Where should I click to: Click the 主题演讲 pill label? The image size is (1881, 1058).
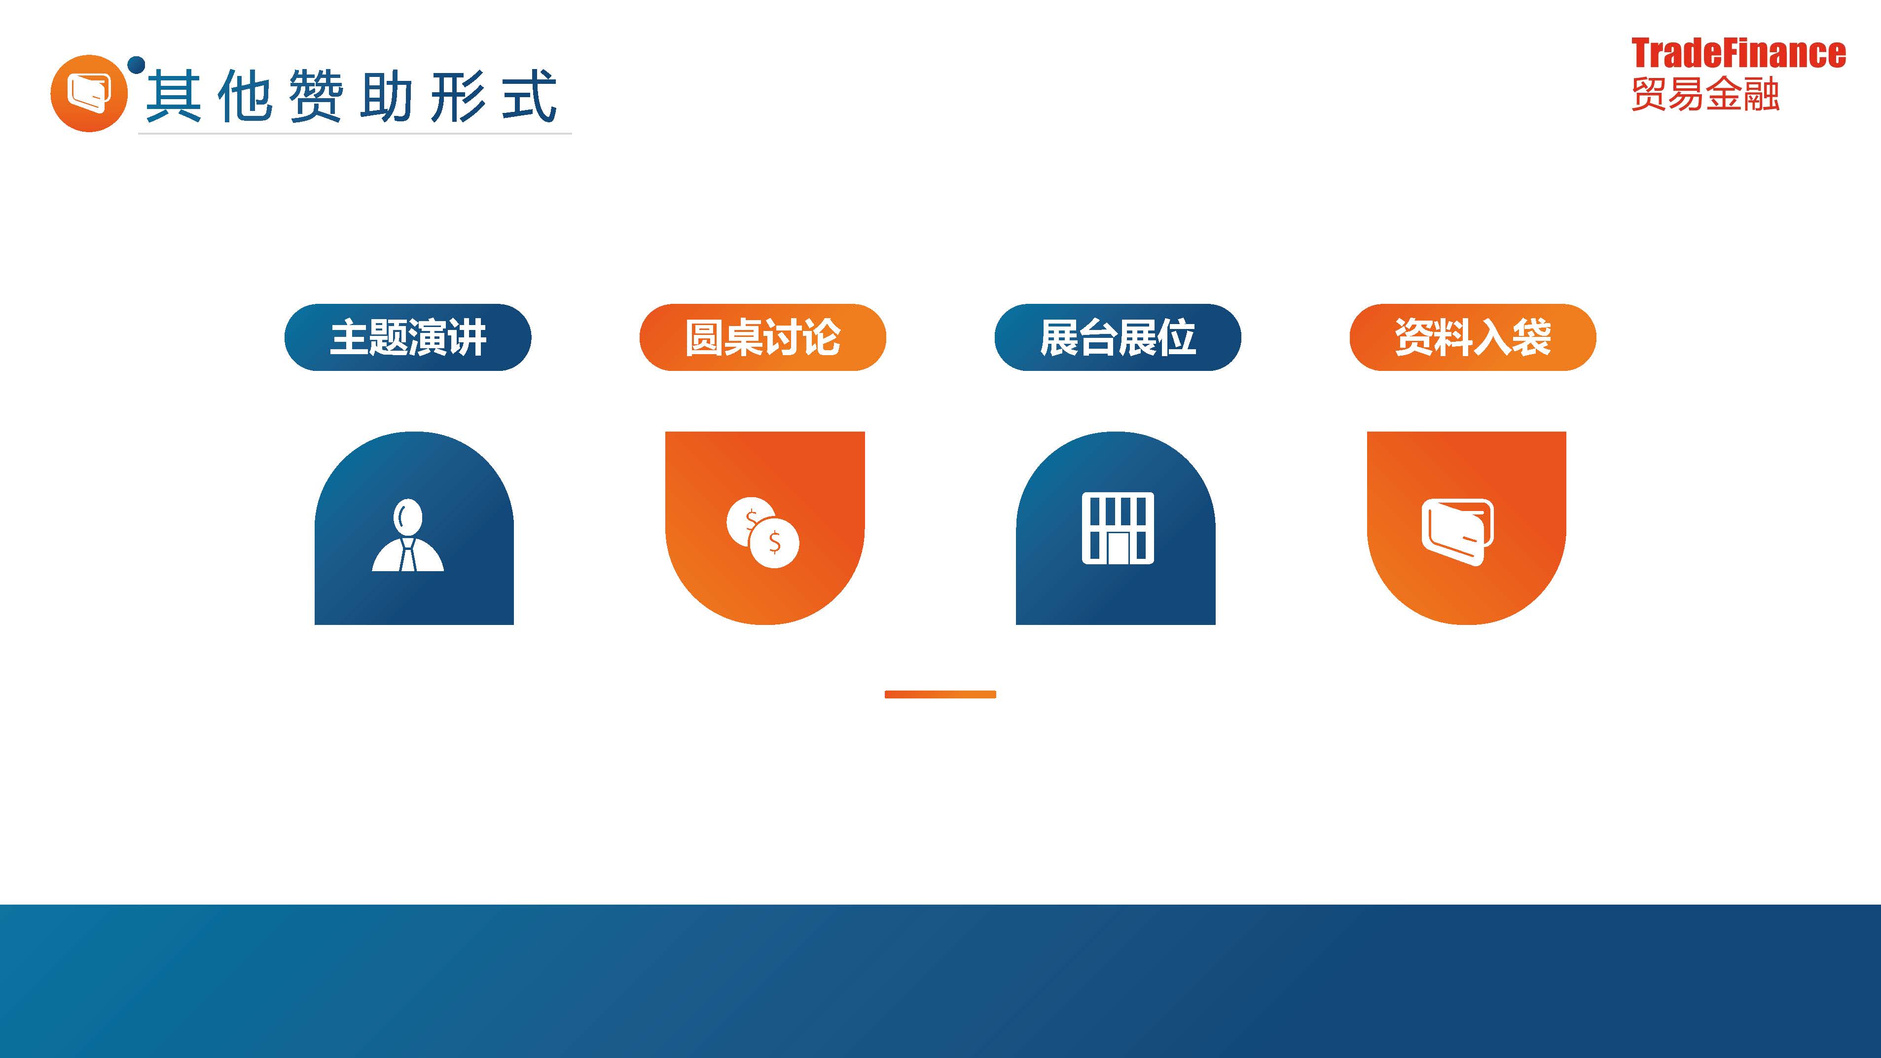coord(407,337)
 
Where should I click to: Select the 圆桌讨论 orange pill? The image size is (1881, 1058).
coord(762,337)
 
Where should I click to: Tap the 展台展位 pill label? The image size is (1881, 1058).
coord(1117,337)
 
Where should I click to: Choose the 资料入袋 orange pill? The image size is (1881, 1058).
coord(1473,337)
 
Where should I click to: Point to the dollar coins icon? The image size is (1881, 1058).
coord(763,532)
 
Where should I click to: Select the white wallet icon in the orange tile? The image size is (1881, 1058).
coord(1457,532)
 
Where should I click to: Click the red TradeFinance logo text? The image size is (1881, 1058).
coord(1738,53)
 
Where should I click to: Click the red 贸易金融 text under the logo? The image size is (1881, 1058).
coord(1705,93)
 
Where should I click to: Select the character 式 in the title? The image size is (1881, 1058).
coord(529,96)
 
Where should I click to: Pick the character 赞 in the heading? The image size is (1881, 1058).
coord(316,96)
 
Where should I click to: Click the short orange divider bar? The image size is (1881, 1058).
coord(940,694)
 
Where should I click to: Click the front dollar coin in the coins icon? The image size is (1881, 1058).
coord(775,543)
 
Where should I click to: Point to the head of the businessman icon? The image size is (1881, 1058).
coord(407,517)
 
